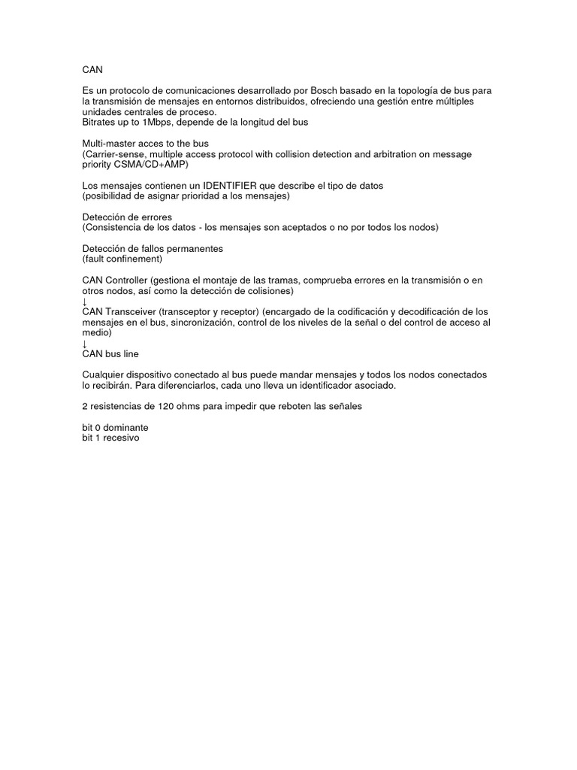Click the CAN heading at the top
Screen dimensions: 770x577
click(x=92, y=69)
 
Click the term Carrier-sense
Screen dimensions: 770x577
click(x=116, y=153)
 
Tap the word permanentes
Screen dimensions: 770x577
click(x=185, y=248)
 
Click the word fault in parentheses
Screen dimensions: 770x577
click(x=96, y=259)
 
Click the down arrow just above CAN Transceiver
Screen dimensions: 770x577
click(x=85, y=301)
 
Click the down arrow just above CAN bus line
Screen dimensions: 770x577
click(x=85, y=343)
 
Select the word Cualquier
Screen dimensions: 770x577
click(x=106, y=374)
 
